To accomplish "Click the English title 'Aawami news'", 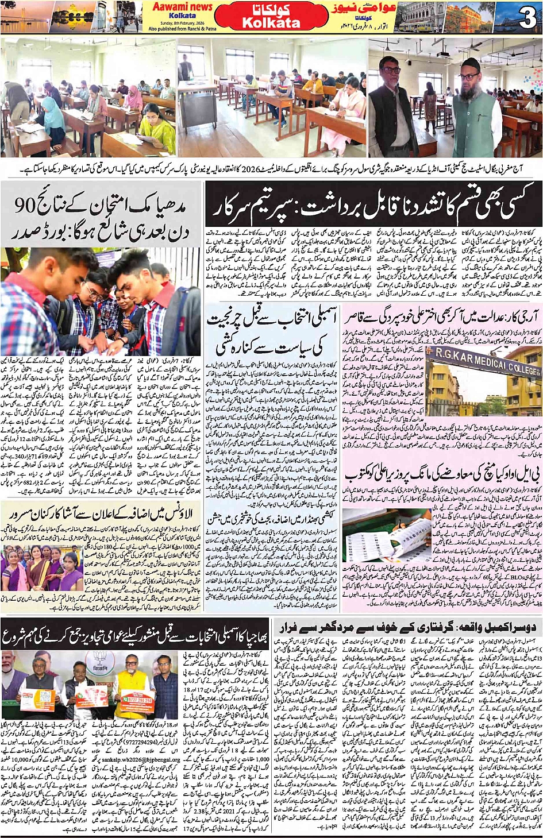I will click(183, 7).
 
